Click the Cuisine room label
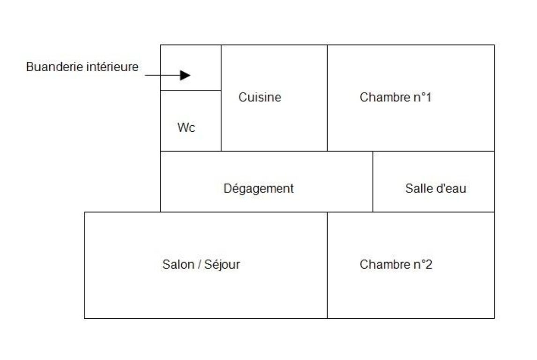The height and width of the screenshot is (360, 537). (260, 97)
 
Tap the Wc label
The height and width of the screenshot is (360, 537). (186, 128)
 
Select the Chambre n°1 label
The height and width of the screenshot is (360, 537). (395, 97)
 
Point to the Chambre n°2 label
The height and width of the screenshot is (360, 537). (396, 264)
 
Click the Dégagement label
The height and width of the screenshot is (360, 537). (259, 189)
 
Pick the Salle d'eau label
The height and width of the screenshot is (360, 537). (436, 188)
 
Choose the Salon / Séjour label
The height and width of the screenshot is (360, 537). (201, 265)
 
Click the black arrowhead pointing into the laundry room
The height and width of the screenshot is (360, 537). (185, 75)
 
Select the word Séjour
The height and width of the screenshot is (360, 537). (222, 265)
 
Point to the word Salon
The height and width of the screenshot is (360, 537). (178, 264)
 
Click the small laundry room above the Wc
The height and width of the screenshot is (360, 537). (191, 68)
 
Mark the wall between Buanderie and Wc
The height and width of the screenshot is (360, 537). (191, 90)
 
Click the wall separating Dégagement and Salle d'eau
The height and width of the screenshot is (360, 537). (373, 181)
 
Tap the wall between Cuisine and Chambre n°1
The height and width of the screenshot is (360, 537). (327, 98)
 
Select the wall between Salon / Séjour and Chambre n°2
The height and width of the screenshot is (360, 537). (327, 265)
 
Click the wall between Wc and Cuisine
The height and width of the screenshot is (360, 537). (221, 120)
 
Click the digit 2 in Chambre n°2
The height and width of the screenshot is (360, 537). (429, 264)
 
